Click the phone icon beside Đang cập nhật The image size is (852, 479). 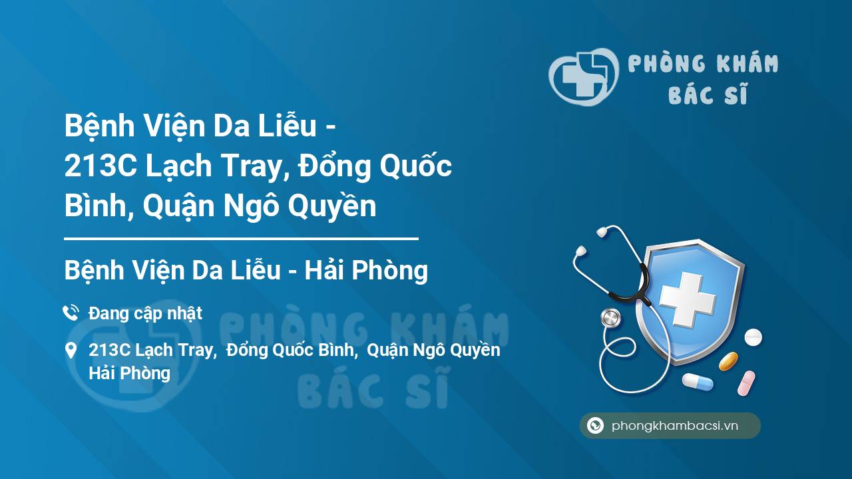tap(71, 313)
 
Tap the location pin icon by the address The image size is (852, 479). tap(71, 351)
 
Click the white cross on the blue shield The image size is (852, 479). tap(688, 299)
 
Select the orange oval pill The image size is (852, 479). tap(728, 361)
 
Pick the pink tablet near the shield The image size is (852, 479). tap(746, 383)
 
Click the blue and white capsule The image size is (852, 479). tap(698, 382)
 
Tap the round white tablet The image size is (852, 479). tap(753, 337)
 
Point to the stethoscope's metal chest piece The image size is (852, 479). tap(610, 318)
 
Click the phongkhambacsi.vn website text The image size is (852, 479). tap(675, 426)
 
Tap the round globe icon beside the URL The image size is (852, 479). tap(595, 425)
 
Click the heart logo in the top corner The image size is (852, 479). tap(584, 77)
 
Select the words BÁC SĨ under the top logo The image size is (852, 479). tap(708, 94)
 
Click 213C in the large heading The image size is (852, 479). tap(101, 166)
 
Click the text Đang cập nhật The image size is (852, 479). tap(145, 313)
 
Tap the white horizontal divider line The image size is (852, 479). tap(241, 239)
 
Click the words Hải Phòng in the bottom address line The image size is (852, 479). tap(129, 373)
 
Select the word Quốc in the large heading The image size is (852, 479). tap(416, 166)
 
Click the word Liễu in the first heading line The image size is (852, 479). tap(288, 126)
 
